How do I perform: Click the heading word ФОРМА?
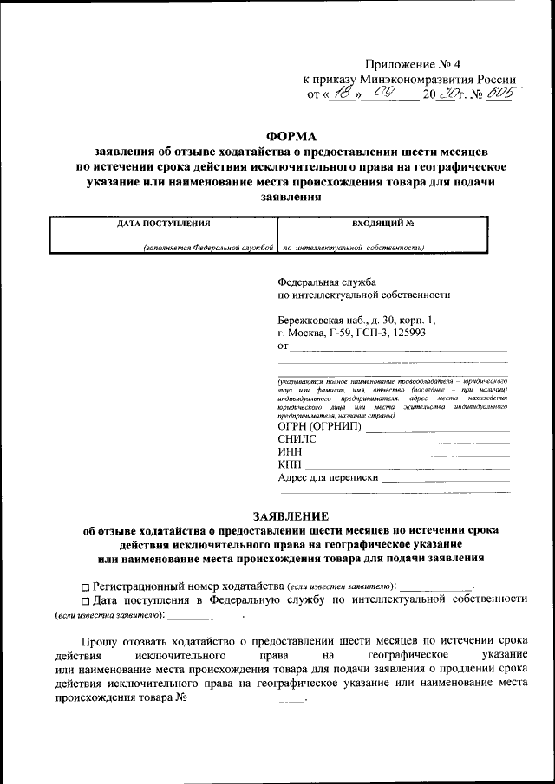(291, 135)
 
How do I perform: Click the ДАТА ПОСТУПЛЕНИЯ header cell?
(164, 223)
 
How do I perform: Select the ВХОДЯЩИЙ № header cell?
(383, 223)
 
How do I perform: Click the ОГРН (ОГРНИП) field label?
(319, 427)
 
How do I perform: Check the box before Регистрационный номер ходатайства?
(85, 586)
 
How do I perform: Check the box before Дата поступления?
(85, 599)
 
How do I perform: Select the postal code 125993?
(406, 332)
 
